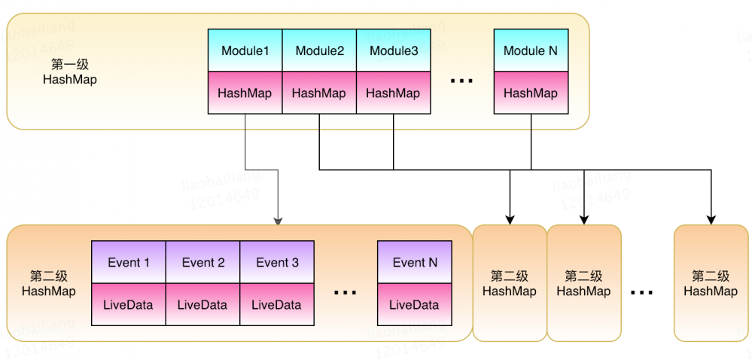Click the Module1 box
pyautogui.click(x=245, y=50)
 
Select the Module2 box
pyautogui.click(x=319, y=50)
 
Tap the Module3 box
pyautogui.click(x=393, y=50)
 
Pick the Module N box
pyautogui.click(x=531, y=50)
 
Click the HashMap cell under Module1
pyautogui.click(x=245, y=93)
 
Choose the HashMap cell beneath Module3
pyautogui.click(x=393, y=93)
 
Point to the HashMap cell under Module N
pyautogui.click(x=531, y=93)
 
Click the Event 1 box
pyautogui.click(x=128, y=262)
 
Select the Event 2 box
pyautogui.click(x=202, y=262)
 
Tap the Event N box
pyautogui.click(x=414, y=262)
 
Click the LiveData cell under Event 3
pyautogui.click(x=277, y=305)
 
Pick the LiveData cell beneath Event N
pyautogui.click(x=414, y=305)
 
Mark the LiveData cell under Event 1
pyautogui.click(x=128, y=305)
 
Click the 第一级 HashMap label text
pyautogui.click(x=69, y=72)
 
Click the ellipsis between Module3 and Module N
pyautogui.click(x=461, y=80)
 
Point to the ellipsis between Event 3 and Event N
pyautogui.click(x=345, y=292)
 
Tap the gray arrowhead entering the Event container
pyautogui.click(x=278, y=221)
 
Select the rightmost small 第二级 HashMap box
pyautogui.click(x=711, y=283)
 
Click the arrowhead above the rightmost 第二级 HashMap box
pyautogui.click(x=711, y=220)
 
